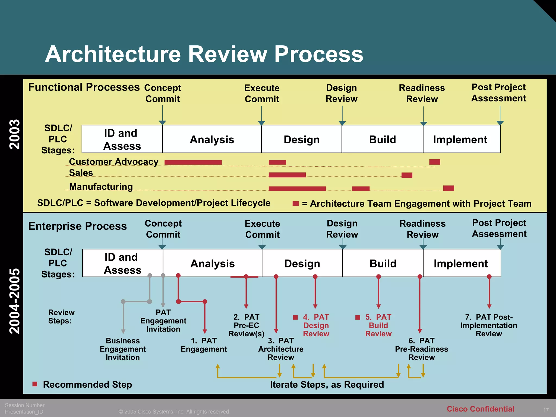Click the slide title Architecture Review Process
pos(204,54)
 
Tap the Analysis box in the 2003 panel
pos(212,139)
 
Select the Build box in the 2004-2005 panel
pos(383,263)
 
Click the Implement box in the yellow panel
pos(461,139)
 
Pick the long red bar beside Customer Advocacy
pos(193,162)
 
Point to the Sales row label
pos(81,173)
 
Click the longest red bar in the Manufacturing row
pos(297,188)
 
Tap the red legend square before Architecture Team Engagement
pos(295,203)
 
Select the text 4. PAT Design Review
pos(316,325)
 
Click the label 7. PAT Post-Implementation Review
pos(489,325)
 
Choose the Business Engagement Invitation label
pos(123,349)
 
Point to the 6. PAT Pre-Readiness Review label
pos(421,349)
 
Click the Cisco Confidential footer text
pos(480,409)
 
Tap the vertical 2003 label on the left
pos(15,134)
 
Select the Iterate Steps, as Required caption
pos(327,384)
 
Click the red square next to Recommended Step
pos(35,384)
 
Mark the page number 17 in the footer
pos(546,410)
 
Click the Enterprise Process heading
pos(78,226)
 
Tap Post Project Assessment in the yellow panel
pos(498,93)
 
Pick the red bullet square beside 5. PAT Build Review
pos(358,317)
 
